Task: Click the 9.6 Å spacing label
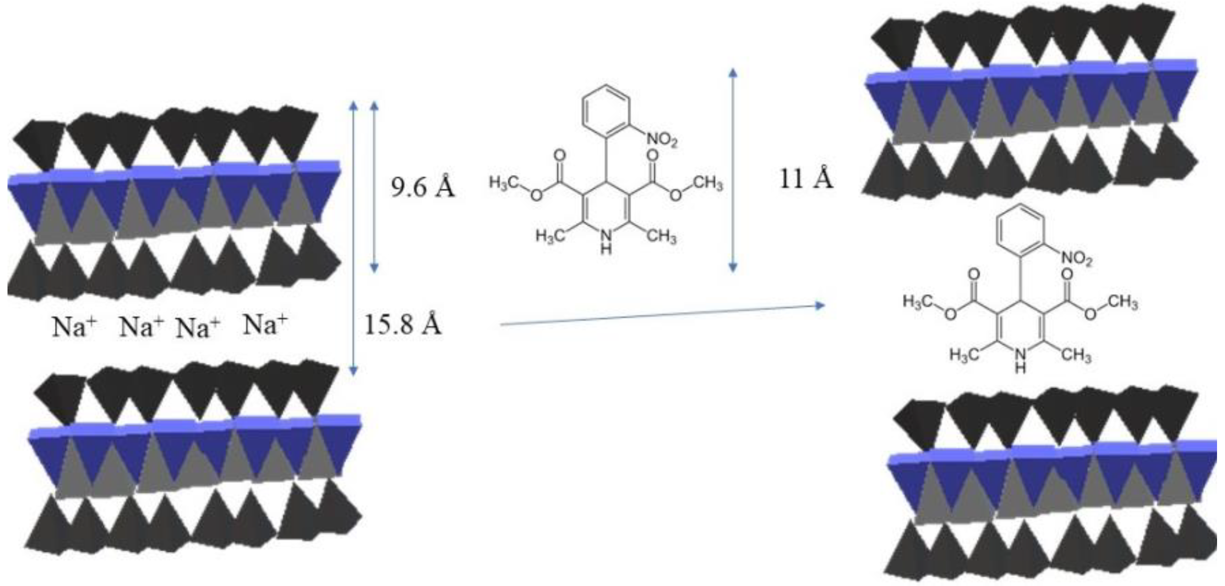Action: pos(423,188)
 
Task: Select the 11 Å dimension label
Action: pos(807,180)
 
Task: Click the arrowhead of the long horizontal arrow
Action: pos(820,305)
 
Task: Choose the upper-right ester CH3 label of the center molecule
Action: pos(707,183)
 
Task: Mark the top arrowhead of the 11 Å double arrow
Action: pos(732,72)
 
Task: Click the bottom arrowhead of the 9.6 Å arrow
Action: pos(374,268)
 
